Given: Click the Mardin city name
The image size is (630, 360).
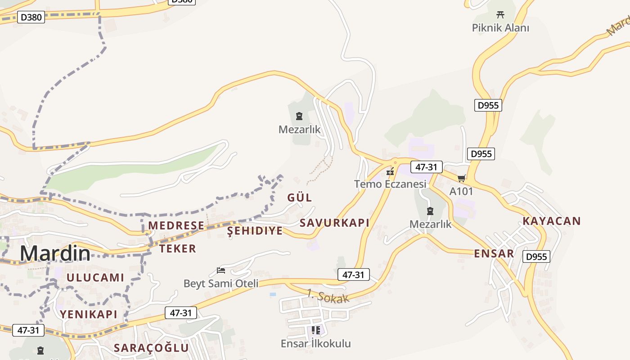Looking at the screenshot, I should tap(55, 254).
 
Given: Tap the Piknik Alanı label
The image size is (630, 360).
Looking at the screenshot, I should tap(500, 28).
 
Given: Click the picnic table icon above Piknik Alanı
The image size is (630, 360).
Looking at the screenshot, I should tap(500, 15).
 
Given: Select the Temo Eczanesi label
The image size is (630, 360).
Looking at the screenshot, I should tap(390, 184).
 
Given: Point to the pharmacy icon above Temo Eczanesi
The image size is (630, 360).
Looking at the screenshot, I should tap(390, 171).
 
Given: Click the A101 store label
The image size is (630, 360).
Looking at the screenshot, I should tap(461, 191).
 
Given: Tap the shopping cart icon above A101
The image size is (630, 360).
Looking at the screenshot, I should tap(461, 179).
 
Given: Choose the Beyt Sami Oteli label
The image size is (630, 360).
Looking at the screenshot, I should tap(221, 283).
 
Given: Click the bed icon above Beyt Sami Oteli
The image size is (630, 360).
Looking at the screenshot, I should tap(221, 270).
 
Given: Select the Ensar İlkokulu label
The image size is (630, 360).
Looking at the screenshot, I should tap(316, 344).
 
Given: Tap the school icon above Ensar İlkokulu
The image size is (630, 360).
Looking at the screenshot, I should tap(316, 331).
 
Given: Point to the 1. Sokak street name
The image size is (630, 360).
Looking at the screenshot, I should tap(328, 297).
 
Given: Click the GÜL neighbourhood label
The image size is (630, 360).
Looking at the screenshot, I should tap(300, 198).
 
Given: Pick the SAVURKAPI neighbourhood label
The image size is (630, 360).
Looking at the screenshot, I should tap(334, 223).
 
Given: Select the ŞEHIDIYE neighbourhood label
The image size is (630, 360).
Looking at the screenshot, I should tap(255, 231).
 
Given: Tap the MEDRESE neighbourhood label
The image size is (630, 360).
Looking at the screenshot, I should tap(176, 225).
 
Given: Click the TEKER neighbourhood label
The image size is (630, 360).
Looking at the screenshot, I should tap(178, 248).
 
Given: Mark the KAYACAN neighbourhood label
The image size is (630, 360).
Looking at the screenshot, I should tap(552, 221).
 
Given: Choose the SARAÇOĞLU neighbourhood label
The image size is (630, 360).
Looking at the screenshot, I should tap(151, 348).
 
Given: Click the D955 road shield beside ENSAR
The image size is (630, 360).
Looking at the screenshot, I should tap(537, 257).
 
